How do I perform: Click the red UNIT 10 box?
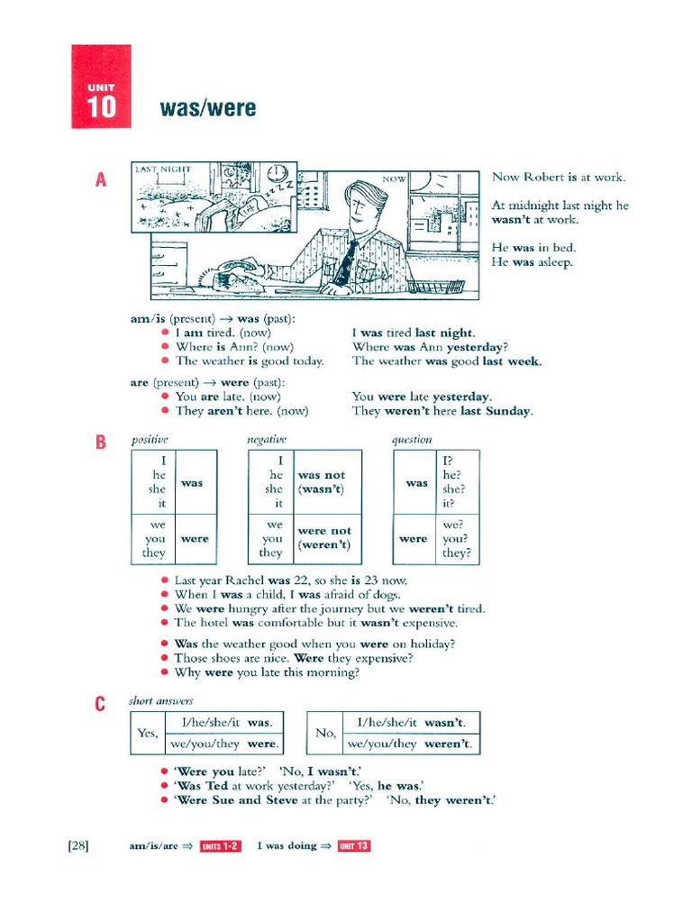point(101,87)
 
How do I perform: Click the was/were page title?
point(207,109)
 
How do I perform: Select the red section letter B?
point(102,442)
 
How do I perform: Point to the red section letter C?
point(101,704)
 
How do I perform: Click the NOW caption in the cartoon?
point(394,179)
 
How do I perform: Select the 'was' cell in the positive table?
point(192,483)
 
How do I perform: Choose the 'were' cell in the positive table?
point(195,539)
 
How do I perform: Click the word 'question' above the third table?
point(412,440)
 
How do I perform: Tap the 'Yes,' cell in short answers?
point(148,733)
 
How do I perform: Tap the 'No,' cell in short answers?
point(325,733)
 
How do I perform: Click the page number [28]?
point(77,845)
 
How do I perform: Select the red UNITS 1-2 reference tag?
point(220,845)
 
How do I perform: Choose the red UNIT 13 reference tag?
point(354,845)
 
